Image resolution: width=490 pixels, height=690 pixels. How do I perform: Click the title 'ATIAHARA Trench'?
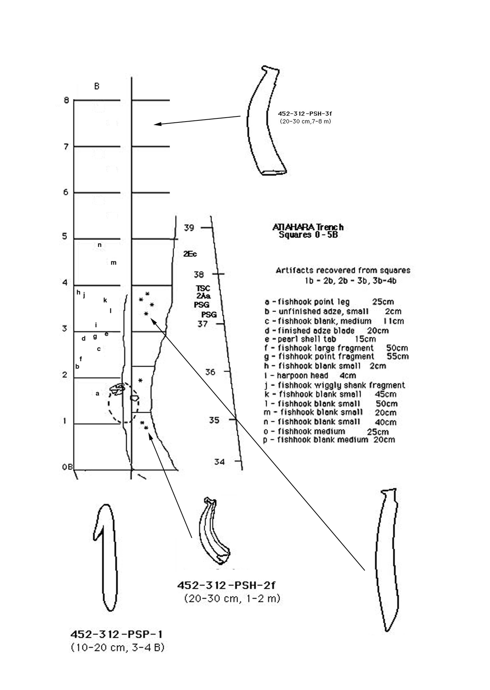point(308,227)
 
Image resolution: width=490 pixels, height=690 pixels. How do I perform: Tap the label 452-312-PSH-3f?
point(305,114)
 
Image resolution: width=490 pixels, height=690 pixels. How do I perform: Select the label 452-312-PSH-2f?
point(226,585)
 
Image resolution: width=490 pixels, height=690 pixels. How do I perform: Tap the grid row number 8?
point(66,100)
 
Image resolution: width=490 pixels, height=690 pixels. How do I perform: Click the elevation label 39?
point(189,228)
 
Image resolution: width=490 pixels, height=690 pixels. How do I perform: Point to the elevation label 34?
point(219,461)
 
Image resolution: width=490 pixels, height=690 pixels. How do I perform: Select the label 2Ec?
point(190,254)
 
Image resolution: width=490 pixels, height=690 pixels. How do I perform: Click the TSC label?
point(203,289)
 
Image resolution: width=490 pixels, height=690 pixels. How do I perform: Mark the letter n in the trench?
point(100,245)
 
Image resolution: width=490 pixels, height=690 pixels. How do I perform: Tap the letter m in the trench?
point(113,262)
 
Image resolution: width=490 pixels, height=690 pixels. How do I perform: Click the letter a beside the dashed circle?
point(97,394)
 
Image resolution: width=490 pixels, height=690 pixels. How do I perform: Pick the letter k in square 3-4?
point(105,300)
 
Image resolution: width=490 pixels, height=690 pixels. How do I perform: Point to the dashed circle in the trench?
point(124,403)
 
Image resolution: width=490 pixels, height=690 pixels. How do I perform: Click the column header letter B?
point(97,86)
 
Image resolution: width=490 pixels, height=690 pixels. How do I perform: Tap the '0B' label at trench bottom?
point(67,467)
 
